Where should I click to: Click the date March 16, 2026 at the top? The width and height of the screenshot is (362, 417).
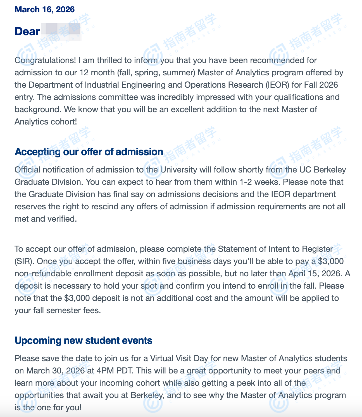44,9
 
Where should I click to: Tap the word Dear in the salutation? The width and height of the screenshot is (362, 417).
27,32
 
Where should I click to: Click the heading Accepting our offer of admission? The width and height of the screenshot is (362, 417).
89,152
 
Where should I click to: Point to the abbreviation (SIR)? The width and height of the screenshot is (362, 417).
24,261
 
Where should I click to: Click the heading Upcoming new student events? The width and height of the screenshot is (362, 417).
83,341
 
